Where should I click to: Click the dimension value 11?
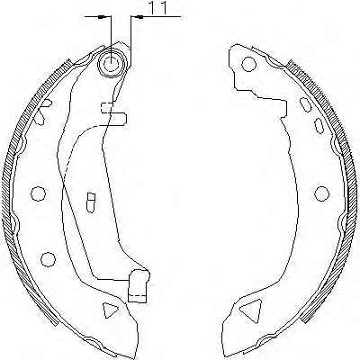point(157,8)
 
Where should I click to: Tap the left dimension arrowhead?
point(102,17)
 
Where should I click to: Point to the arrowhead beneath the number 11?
point(139,17)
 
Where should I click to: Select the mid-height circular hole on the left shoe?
point(38,193)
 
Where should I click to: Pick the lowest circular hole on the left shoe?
point(48,259)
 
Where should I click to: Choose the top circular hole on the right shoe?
point(248,64)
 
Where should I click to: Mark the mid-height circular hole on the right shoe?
point(321,193)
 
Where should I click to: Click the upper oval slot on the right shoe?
point(306,104)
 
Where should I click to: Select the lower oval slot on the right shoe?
point(319,126)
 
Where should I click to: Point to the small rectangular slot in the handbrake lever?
point(91,202)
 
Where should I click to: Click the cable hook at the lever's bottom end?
point(139,285)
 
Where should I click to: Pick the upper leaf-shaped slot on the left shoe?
point(46,103)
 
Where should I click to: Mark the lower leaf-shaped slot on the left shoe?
point(40,118)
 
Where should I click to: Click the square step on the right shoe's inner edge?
point(283,108)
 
